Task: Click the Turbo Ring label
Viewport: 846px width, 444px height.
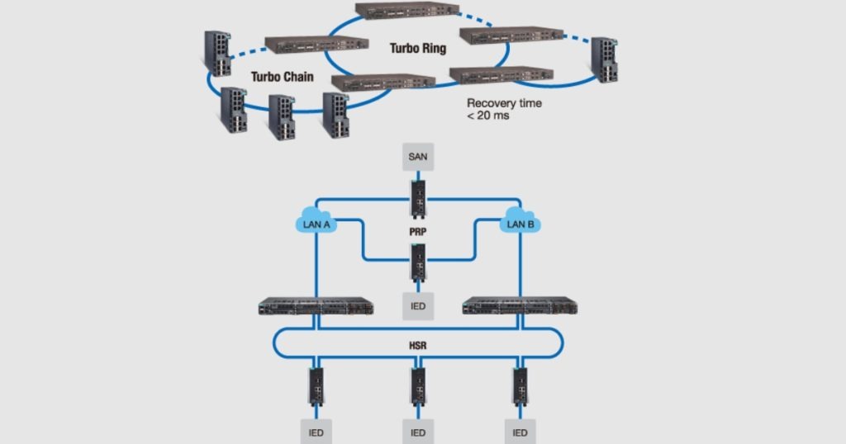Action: tap(417, 49)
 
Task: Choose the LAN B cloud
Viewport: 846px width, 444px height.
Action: tap(520, 224)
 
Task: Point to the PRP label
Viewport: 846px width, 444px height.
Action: tap(418, 233)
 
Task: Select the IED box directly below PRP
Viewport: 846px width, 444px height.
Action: tap(418, 306)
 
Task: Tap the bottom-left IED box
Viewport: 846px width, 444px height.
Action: tap(316, 432)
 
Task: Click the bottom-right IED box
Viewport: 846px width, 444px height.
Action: tap(520, 432)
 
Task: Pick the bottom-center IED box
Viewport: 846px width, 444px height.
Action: tap(418, 432)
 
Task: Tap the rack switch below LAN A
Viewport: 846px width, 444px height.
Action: tap(316, 305)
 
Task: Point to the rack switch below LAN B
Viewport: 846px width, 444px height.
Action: tap(520, 305)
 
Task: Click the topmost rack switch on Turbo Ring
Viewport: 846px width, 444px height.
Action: tap(406, 11)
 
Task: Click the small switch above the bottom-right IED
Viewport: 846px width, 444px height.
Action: tap(520, 385)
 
